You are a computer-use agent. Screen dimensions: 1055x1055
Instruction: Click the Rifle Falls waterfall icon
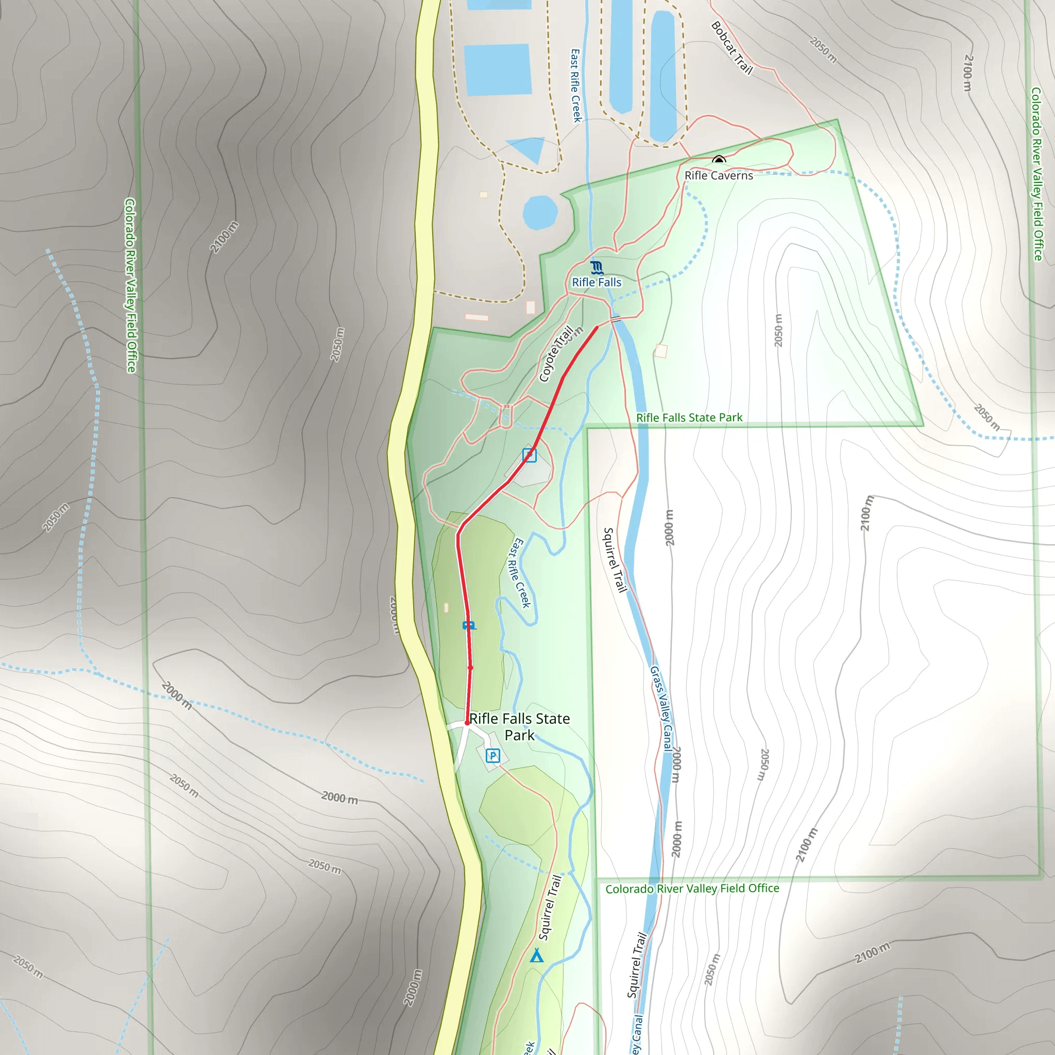click(597, 267)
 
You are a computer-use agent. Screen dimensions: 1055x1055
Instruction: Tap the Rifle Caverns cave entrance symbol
click(719, 160)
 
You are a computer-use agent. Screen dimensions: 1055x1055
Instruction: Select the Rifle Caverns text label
click(719, 175)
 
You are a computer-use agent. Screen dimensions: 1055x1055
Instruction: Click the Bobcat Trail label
click(731, 48)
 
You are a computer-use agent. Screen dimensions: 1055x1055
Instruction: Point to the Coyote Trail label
click(556, 354)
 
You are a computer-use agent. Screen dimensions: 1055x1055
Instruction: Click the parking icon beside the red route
click(529, 455)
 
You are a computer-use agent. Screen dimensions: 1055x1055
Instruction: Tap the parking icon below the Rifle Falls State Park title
click(492, 756)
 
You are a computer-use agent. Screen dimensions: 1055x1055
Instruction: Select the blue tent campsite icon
click(537, 956)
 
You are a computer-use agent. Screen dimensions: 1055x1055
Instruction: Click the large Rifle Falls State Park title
click(519, 726)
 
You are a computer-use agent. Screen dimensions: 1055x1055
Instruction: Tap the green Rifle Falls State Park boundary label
click(689, 418)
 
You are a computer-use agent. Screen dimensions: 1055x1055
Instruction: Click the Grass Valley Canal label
click(661, 709)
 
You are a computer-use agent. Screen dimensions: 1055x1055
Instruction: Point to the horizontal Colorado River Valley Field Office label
click(692, 889)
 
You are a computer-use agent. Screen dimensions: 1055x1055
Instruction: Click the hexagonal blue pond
click(540, 213)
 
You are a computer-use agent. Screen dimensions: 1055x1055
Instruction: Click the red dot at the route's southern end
click(467, 723)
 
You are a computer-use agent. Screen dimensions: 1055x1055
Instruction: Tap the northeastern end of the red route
click(597, 327)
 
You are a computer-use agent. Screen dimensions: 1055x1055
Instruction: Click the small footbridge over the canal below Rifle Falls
click(616, 319)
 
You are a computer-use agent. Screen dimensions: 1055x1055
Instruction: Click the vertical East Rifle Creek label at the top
click(575, 86)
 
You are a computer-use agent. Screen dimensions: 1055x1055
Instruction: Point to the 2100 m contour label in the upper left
click(225, 236)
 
